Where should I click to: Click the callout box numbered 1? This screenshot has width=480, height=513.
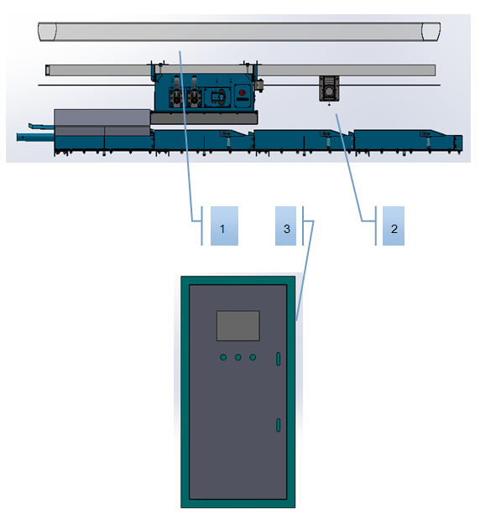[x=224, y=225]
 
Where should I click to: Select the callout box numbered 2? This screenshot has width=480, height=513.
[x=394, y=225]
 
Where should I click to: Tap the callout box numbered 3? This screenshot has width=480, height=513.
[x=286, y=225]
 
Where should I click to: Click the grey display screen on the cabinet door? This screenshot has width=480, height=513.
[x=238, y=326]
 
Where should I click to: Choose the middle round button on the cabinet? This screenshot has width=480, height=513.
[x=238, y=357]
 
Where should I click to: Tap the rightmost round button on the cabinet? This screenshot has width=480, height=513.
[x=253, y=357]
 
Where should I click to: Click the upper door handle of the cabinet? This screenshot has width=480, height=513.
[x=279, y=359]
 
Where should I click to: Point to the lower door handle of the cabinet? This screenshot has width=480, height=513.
[x=279, y=425]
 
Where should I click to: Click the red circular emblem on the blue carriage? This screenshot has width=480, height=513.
[x=243, y=92]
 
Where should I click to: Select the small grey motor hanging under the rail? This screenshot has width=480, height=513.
[x=329, y=88]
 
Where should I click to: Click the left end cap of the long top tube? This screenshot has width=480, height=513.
[x=47, y=32]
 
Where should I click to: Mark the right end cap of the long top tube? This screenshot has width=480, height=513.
[x=430, y=32]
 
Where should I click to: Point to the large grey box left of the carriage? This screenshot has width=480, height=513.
[x=102, y=122]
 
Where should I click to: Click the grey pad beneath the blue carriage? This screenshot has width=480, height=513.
[x=204, y=118]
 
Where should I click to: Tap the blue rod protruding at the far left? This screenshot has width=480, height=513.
[x=36, y=137]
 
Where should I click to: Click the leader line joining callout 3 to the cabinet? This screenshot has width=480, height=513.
[x=305, y=270]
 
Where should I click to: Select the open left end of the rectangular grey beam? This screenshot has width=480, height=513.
[x=48, y=70]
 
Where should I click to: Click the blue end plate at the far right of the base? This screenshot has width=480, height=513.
[x=457, y=143]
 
